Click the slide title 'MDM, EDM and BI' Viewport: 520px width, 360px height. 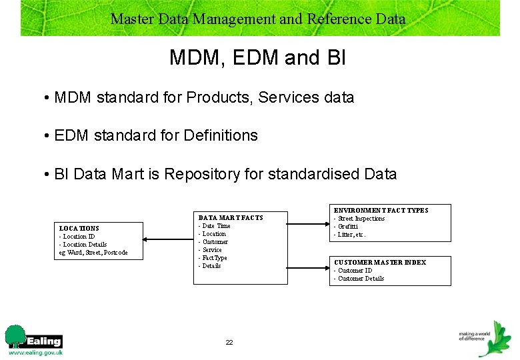pos(257,58)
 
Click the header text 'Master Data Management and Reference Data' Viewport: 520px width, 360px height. pos(258,19)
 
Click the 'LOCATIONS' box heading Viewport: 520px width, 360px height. pos(79,228)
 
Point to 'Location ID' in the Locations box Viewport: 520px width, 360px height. pos(79,236)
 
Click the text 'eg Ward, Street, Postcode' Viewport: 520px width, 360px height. pos(93,252)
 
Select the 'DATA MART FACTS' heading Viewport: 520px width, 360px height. pos(231,217)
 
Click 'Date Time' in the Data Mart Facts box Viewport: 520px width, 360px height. pos(215,226)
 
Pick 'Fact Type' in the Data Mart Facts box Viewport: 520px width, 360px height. pos(213,258)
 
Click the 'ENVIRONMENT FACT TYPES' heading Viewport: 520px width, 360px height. pos(381,210)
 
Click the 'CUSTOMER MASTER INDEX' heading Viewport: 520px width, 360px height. pos(379,263)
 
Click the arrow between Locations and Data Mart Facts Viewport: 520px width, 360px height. pos(169,239)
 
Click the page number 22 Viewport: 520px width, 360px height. pos(229,342)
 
